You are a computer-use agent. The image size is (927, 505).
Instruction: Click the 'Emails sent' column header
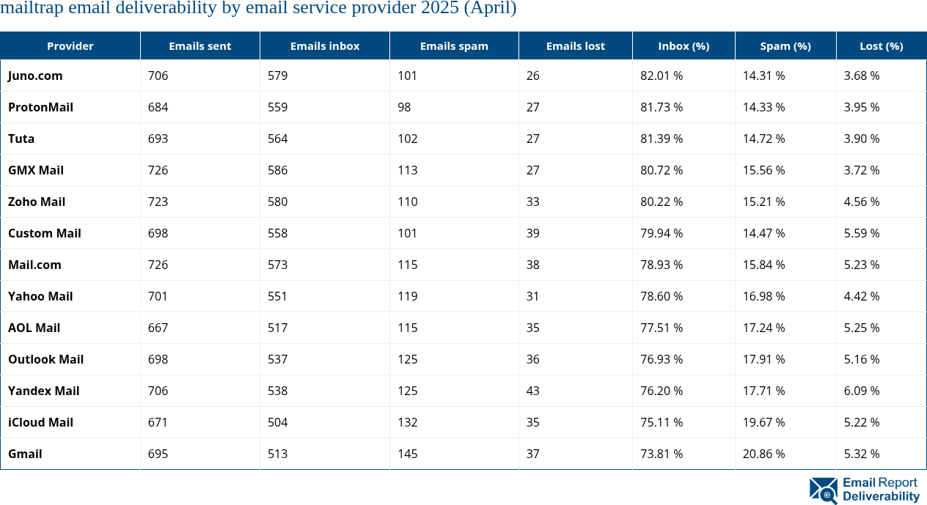pos(199,45)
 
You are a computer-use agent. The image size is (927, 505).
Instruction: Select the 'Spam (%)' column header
pos(785,45)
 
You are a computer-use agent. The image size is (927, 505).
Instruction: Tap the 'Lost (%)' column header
pos(881,45)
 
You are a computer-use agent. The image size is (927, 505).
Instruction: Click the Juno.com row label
pos(35,75)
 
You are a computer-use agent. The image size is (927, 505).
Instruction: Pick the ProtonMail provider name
pos(40,107)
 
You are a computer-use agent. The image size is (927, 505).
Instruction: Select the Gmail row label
pos(25,454)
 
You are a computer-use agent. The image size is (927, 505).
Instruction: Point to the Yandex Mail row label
pos(43,391)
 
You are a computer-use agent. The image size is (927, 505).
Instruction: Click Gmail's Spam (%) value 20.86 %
pos(763,454)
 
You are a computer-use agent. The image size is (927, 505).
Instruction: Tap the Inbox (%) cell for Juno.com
pos(662,75)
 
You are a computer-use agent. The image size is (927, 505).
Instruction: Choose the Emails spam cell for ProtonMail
pos(404,107)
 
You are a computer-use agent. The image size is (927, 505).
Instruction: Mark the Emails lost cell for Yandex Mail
pos(532,391)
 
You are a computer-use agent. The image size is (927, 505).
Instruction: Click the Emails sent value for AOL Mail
pos(158,328)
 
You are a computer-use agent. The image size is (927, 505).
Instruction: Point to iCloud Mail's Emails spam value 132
pos(407,422)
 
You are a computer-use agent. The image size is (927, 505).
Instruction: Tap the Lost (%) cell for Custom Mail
pos(861,233)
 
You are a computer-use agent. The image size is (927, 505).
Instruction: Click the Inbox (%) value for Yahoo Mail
pos(662,296)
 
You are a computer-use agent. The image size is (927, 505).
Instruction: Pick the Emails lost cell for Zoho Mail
pos(532,202)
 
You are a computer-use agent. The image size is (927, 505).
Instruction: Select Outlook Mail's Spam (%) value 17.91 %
pos(763,359)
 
